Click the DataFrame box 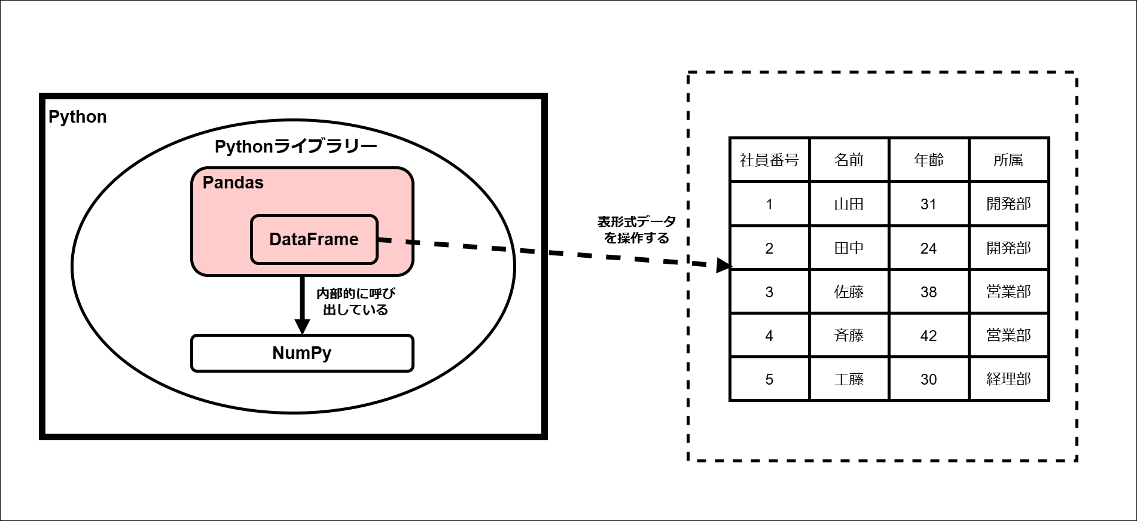coord(314,239)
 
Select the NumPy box coord(302,353)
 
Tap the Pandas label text coord(233,182)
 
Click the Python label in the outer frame coord(77,117)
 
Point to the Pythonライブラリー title coord(295,147)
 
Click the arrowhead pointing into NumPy coord(303,327)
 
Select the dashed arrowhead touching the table coord(724,266)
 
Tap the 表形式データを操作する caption coord(636,230)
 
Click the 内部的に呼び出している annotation coord(355,301)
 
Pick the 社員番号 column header coord(769,160)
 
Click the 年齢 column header coord(928,160)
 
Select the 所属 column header coord(1008,160)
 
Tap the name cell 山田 coord(849,204)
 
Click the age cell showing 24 coord(928,248)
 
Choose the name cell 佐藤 coord(849,292)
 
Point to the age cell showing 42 coord(928,336)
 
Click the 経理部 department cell coord(1008,379)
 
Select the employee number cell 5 coord(769,379)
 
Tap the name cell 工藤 coord(849,379)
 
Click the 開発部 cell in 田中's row coord(1008,248)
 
